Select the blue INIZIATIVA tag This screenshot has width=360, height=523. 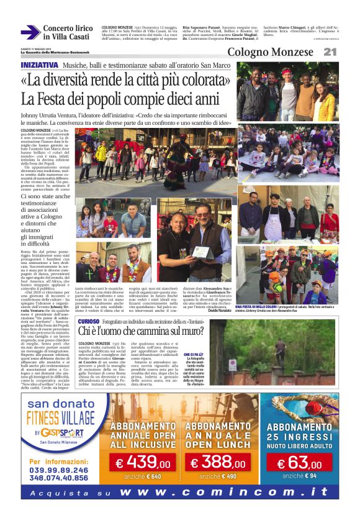tap(40, 65)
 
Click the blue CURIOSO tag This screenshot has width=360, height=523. tap(89, 321)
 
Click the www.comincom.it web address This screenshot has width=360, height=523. tap(223, 491)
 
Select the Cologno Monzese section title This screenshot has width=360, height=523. tap(272, 52)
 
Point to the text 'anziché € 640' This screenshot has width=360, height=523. tap(142, 476)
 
